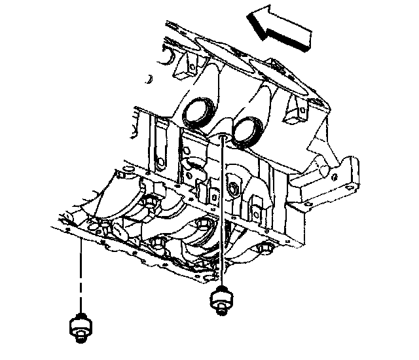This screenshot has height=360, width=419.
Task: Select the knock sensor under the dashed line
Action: (80, 325)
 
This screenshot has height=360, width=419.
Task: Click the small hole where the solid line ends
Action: (224, 137)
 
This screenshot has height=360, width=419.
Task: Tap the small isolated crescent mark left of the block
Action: (150, 79)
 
